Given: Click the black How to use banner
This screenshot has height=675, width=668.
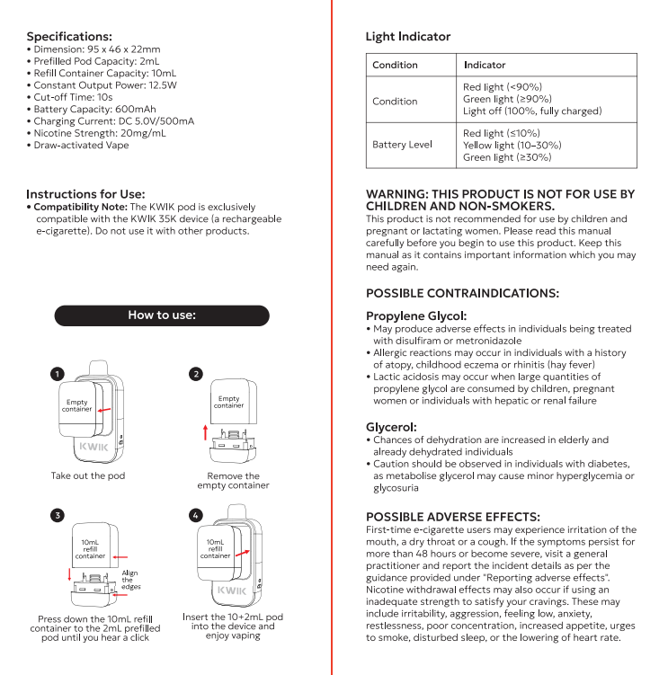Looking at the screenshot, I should pos(162,315).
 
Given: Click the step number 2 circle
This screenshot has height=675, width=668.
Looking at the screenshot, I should pos(196,373).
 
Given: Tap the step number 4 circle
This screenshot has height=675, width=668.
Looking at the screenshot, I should pos(196,515).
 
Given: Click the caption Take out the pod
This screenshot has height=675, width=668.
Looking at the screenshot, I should pos(88,475).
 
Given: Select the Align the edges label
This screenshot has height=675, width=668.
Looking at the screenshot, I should pos(130,580).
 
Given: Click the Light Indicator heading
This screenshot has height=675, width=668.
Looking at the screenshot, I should pos(408,37).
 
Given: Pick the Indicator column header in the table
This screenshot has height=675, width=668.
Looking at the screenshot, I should pos(485,65).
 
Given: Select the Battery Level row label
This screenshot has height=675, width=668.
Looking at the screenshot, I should pos(402,145).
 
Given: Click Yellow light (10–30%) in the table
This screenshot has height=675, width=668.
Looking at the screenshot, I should pos(512,145).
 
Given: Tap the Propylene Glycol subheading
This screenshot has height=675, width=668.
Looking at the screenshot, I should pos(416,316).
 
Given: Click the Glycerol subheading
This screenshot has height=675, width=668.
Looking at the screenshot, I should pos(391,427).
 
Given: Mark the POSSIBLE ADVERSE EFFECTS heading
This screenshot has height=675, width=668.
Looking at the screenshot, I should pos(453,517).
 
